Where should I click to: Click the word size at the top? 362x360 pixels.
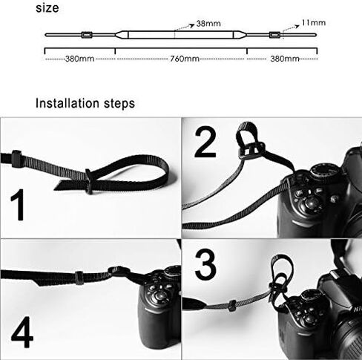(x=47, y=7)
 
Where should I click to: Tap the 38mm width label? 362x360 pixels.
(x=208, y=24)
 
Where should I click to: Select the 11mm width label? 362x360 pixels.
(x=314, y=23)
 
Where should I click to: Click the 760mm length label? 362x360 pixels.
(x=185, y=59)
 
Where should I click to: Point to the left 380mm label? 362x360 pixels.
(x=79, y=59)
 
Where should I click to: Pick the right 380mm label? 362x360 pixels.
(x=285, y=59)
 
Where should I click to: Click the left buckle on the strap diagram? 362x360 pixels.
(x=87, y=35)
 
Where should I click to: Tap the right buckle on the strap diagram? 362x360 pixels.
(x=274, y=35)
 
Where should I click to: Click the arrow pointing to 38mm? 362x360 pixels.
(x=184, y=27)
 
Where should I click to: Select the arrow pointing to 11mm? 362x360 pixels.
(x=291, y=28)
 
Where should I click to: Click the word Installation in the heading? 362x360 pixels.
(x=68, y=103)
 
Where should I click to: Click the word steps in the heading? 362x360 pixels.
(x=119, y=104)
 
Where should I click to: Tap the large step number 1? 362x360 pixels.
(x=18, y=205)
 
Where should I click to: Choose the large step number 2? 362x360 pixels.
(x=205, y=143)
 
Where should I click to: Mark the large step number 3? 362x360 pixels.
(x=205, y=265)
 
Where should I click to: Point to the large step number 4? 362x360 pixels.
(x=22, y=333)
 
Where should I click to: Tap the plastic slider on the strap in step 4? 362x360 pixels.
(x=79, y=278)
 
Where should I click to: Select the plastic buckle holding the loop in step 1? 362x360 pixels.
(x=88, y=181)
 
